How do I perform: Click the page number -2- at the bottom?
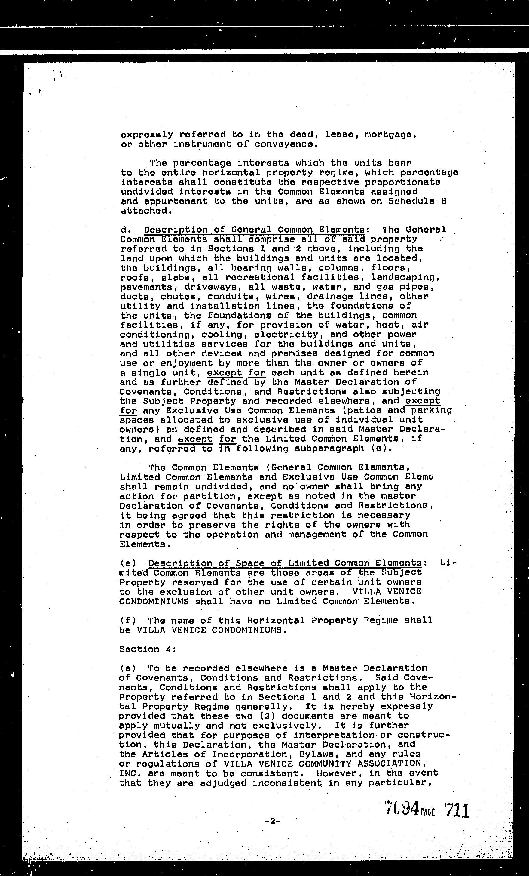click(273, 821)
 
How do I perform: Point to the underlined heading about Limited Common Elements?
click(285, 563)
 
